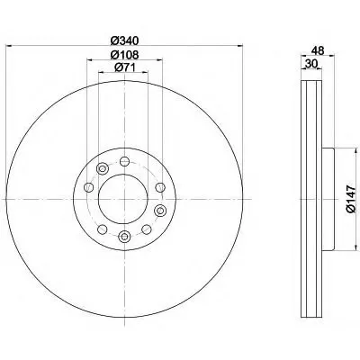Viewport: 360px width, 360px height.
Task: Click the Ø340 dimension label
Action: click(x=124, y=40)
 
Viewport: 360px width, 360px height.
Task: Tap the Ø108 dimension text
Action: click(x=124, y=55)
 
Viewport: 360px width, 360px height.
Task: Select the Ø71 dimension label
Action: click(x=124, y=67)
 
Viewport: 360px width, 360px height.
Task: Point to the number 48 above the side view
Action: click(x=318, y=50)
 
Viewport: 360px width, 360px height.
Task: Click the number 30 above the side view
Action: click(x=311, y=64)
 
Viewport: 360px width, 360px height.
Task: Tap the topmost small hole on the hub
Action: click(x=124, y=161)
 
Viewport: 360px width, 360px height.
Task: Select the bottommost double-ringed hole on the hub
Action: click(x=124, y=237)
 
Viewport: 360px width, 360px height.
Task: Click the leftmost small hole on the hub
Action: click(x=88, y=188)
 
